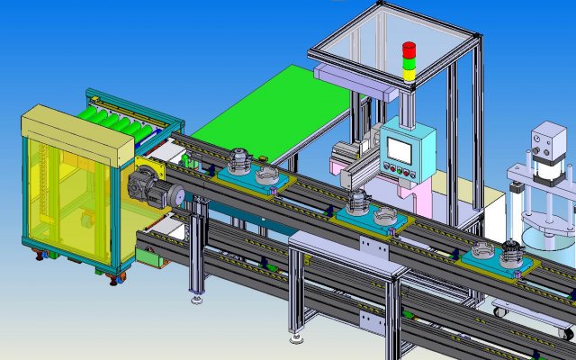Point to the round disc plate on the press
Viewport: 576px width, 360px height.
[x=541, y=218]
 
